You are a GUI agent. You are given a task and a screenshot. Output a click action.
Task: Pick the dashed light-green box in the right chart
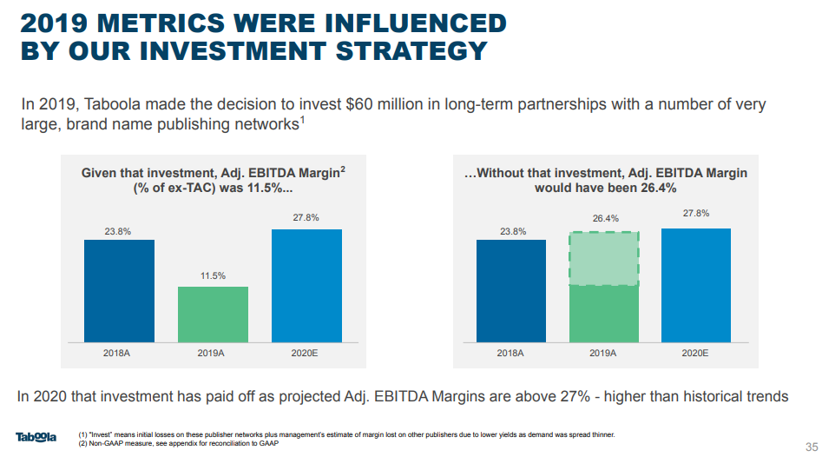[x=604, y=259]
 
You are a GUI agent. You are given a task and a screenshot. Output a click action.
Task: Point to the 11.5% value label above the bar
[x=214, y=276]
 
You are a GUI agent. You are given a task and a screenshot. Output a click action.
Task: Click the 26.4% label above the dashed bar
[x=605, y=219]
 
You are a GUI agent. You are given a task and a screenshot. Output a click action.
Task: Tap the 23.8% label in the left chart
[x=119, y=231]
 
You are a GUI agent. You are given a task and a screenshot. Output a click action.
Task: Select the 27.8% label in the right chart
[x=696, y=213]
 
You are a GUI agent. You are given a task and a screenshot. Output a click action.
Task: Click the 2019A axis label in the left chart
[x=213, y=354]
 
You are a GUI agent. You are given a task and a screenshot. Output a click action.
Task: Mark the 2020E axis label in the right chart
[x=695, y=354]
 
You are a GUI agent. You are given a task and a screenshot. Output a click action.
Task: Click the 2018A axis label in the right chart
[x=510, y=354]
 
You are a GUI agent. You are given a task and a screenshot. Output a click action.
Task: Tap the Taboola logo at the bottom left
[x=36, y=436]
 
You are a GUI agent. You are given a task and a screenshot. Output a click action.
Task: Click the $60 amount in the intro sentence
[x=359, y=104]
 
